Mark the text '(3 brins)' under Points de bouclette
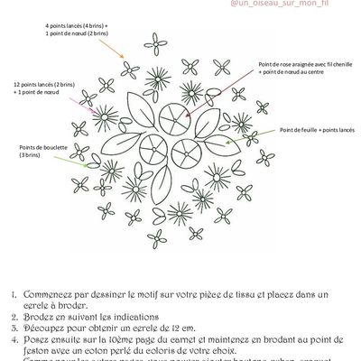click(30, 157)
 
